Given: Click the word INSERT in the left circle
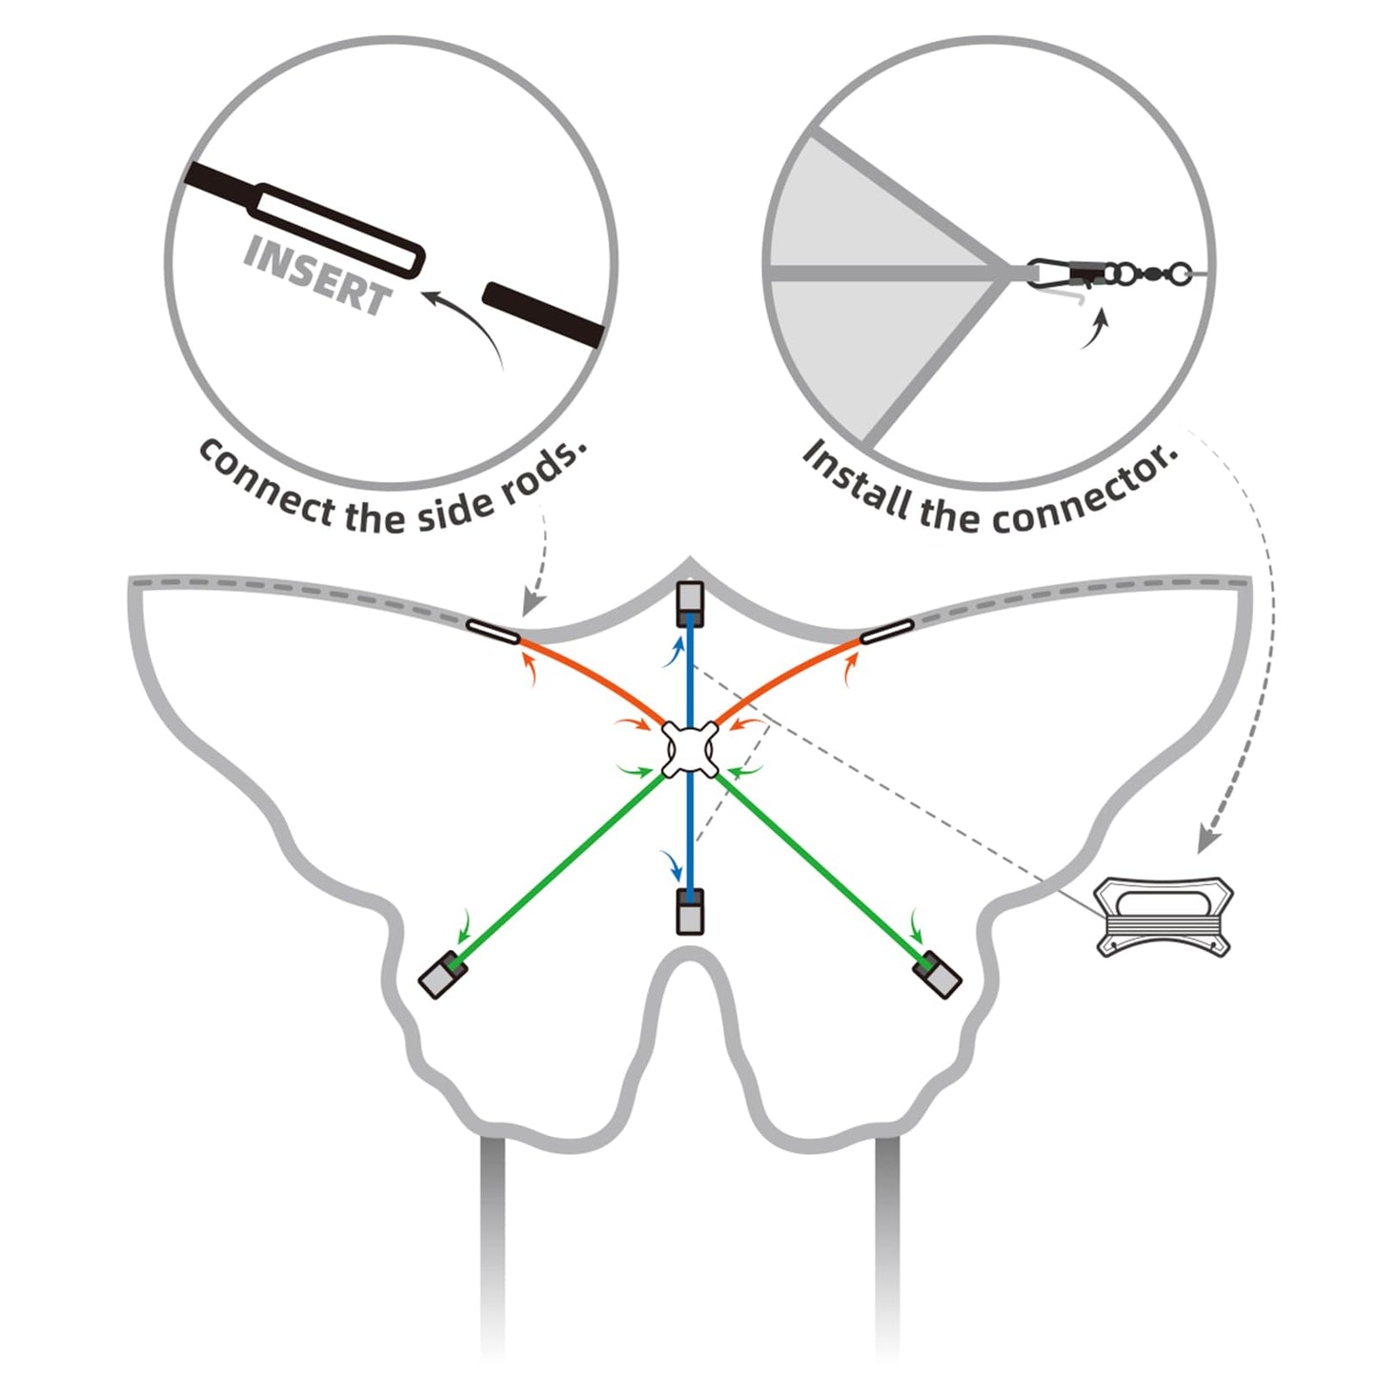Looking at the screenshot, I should pyautogui.click(x=317, y=275).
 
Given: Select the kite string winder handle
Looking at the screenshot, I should pyautogui.click(x=1164, y=916).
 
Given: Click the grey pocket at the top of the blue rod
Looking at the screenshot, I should pyautogui.click(x=689, y=603).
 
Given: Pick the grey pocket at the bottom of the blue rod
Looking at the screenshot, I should pyautogui.click(x=690, y=912).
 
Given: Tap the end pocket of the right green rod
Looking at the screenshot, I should pyautogui.click(x=938, y=975).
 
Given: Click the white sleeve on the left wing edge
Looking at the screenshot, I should pyautogui.click(x=493, y=631).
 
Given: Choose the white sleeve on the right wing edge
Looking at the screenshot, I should pyautogui.click(x=887, y=630).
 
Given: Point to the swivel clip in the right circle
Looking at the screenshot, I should pyautogui.click(x=1110, y=274).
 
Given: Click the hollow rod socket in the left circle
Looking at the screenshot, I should pyautogui.click(x=338, y=230).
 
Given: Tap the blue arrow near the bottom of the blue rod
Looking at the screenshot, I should pyautogui.click(x=674, y=864).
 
